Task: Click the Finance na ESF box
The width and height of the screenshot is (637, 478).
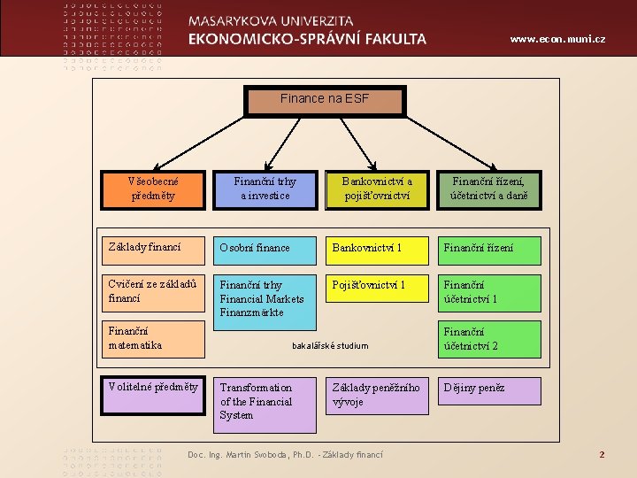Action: click(x=325, y=100)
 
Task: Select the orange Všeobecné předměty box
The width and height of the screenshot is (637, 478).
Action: click(x=153, y=189)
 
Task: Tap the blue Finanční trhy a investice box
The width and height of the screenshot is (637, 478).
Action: click(x=265, y=189)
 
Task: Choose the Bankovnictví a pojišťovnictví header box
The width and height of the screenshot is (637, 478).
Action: click(x=377, y=189)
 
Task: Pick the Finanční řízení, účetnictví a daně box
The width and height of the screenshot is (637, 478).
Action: click(x=488, y=189)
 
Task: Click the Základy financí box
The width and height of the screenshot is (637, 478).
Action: click(x=153, y=249)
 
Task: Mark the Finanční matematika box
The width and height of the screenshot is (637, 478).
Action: click(x=153, y=338)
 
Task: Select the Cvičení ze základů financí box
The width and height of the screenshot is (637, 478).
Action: click(x=153, y=293)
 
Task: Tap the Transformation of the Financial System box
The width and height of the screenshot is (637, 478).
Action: click(x=265, y=404)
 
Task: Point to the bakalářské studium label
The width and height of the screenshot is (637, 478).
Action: click(x=330, y=346)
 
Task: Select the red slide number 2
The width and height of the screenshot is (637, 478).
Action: click(x=602, y=455)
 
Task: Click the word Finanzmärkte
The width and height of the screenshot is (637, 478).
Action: click(x=252, y=312)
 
